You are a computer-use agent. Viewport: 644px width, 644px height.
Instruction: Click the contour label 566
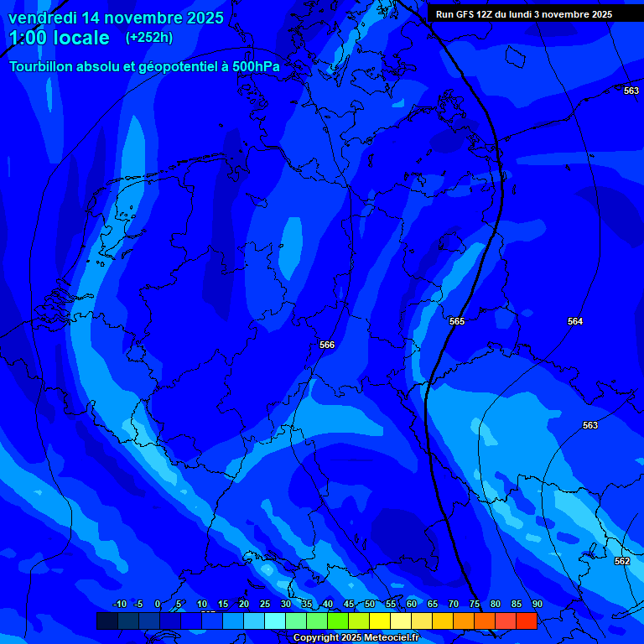click(327, 345)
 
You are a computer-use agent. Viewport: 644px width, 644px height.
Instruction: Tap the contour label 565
click(457, 321)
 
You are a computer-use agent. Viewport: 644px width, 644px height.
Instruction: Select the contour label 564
click(575, 321)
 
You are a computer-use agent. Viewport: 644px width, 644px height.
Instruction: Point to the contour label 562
click(622, 561)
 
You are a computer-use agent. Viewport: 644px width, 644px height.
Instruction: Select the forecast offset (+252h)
click(149, 38)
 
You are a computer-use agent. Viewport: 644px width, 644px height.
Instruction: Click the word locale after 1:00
click(80, 38)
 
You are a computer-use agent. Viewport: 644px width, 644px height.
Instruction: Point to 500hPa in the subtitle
click(254, 67)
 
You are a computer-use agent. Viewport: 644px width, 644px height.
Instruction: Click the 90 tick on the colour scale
click(537, 604)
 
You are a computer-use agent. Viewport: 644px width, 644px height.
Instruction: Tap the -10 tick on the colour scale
click(118, 604)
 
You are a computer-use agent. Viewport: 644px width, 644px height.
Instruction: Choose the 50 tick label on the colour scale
click(370, 604)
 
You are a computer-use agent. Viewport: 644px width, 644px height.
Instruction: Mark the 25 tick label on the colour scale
click(265, 604)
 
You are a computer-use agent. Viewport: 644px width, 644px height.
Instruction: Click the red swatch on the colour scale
click(526, 621)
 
